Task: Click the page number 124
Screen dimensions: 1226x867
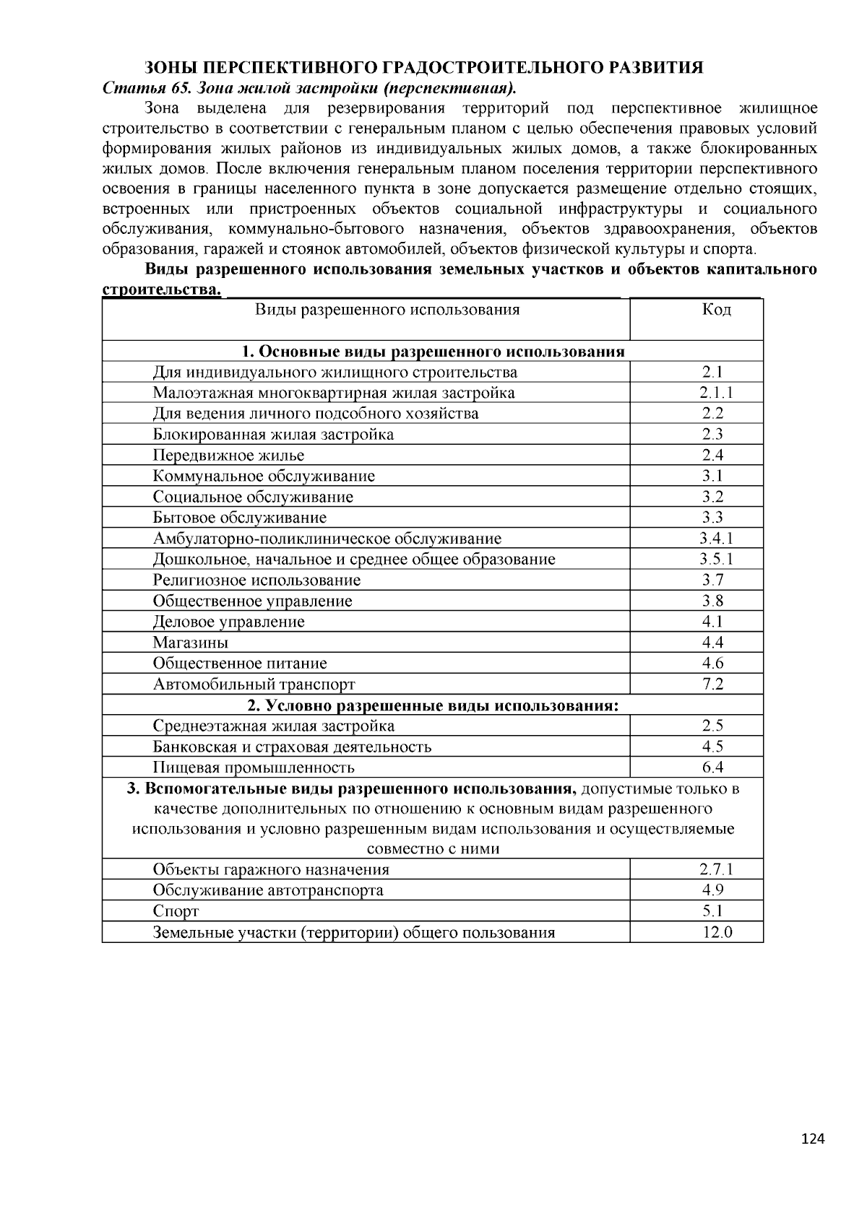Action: (813, 1139)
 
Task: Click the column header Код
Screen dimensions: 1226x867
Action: (716, 310)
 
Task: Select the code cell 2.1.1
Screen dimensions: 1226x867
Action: (716, 393)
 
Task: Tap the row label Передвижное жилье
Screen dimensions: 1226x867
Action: (228, 456)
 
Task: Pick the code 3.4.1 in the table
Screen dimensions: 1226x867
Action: (716, 539)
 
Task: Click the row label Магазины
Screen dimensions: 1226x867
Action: (191, 643)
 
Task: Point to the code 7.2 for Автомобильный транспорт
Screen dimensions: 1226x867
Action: (713, 684)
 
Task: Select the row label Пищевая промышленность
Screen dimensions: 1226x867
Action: (254, 768)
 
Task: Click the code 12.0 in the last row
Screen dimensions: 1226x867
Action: (717, 932)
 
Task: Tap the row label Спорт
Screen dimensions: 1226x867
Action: (176, 911)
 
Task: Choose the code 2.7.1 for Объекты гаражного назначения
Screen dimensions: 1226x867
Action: (716, 870)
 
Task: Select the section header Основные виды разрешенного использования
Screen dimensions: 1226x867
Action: (433, 352)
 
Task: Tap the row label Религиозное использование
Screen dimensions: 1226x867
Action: (256, 581)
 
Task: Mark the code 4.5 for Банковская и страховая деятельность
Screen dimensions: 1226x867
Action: (713, 747)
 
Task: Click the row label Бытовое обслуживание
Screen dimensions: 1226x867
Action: (239, 518)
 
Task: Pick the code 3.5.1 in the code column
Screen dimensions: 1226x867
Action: (716, 560)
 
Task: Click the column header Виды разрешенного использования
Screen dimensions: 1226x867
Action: (387, 310)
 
